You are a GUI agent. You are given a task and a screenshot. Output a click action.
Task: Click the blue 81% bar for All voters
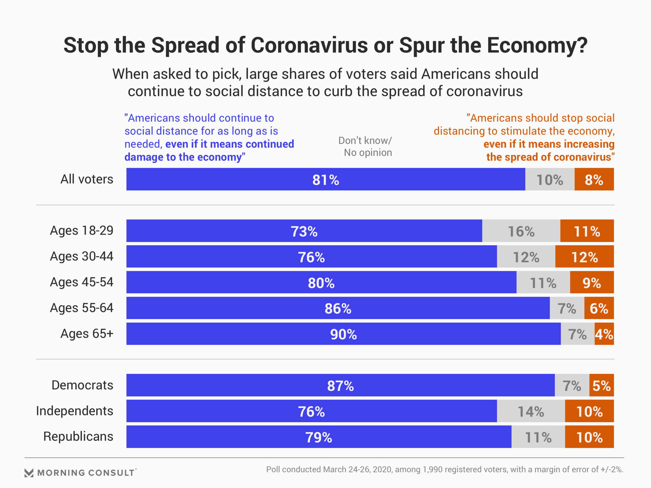tap(325, 179)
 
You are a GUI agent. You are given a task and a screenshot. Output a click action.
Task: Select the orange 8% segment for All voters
tap(594, 179)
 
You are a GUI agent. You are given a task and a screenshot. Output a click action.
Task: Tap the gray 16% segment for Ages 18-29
tap(521, 231)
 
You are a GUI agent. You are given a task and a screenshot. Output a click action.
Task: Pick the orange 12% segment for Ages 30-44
tap(585, 257)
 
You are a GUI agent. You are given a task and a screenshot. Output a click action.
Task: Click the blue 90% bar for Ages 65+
tap(343, 334)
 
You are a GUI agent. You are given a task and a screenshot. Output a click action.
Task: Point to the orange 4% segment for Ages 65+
tap(604, 334)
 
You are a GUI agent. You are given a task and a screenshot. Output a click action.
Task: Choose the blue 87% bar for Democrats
tap(340, 385)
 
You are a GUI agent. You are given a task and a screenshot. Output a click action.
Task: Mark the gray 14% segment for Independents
tap(531, 411)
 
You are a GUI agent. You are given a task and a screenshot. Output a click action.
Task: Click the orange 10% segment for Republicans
tap(589, 437)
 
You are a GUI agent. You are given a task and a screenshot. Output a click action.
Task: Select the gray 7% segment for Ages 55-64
tap(567, 308)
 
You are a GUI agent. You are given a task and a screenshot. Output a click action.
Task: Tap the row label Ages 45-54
tap(82, 282)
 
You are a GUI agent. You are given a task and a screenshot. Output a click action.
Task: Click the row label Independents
tap(75, 411)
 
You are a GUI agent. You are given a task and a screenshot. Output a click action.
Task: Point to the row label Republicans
tap(78, 437)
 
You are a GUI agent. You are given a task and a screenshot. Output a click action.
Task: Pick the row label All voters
tap(87, 179)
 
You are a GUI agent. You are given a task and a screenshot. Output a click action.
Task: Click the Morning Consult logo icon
tap(29, 473)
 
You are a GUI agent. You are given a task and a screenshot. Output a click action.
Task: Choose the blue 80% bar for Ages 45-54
tap(321, 282)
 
